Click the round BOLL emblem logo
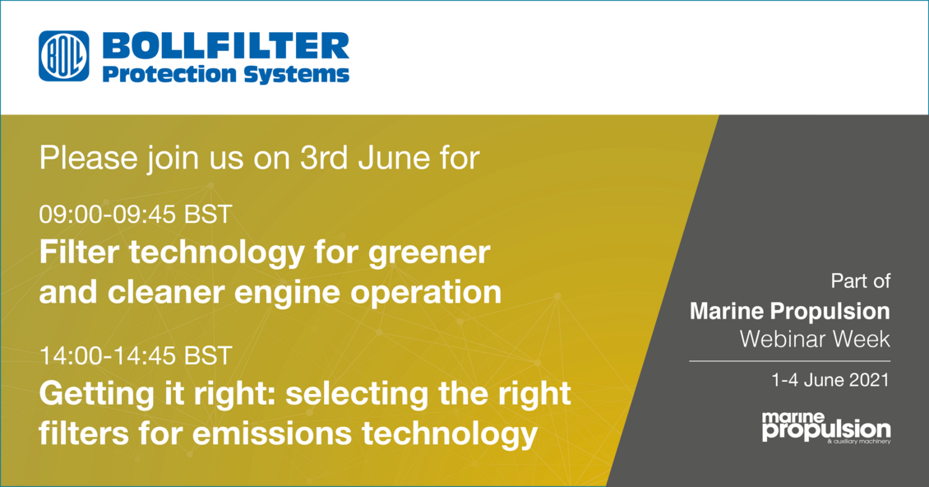64,57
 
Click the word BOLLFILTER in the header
226,46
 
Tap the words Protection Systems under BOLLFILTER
226,75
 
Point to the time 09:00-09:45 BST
135,214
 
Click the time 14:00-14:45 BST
135,355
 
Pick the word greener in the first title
429,254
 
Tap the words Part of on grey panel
860,281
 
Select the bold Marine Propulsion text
790,311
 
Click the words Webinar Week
815,339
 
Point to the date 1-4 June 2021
830,379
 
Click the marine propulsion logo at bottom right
826,428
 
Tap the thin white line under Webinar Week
789,360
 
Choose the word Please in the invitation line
88,158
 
